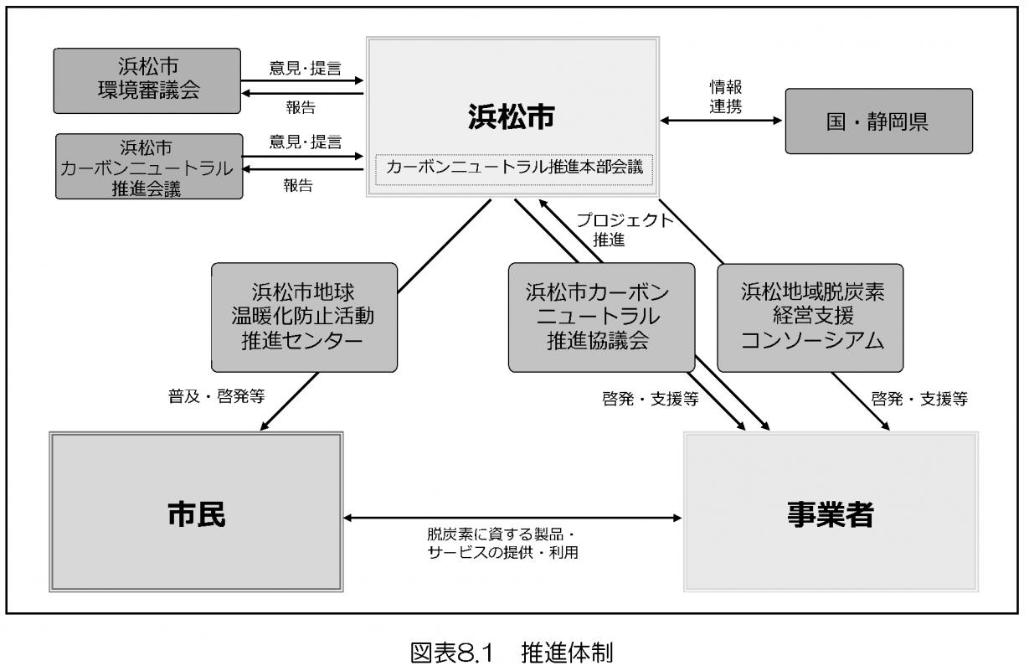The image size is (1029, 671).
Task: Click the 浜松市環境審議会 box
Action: click(147, 80)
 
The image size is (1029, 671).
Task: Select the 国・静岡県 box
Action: click(878, 121)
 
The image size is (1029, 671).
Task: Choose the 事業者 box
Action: click(831, 513)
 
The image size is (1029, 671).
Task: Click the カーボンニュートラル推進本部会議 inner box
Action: click(514, 167)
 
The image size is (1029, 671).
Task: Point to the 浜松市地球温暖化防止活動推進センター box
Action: click(303, 317)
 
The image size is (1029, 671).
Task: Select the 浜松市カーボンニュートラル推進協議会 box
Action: click(601, 317)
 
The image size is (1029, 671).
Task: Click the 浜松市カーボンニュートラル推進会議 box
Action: click(148, 167)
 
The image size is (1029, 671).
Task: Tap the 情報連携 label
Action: click(723, 96)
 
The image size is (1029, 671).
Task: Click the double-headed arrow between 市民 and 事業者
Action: click(513, 518)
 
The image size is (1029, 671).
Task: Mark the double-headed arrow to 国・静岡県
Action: click(721, 121)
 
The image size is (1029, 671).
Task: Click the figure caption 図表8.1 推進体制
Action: click(514, 650)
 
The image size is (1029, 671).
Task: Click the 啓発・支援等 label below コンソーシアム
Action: click(919, 399)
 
